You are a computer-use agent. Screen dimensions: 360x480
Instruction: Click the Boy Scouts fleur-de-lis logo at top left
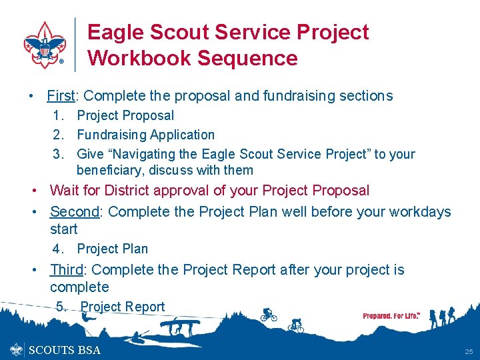tap(45, 45)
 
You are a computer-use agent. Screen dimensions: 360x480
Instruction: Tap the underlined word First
tap(61, 95)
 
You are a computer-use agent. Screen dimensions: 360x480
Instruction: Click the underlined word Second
tap(74, 212)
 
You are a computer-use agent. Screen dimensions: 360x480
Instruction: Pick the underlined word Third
tap(65, 270)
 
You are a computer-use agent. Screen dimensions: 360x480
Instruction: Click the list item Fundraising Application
tap(145, 135)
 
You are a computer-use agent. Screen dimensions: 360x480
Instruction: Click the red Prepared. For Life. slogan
tap(391, 315)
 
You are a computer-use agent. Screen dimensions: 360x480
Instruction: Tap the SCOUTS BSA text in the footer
tap(65, 350)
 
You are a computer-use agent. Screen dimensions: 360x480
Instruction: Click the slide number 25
tap(468, 351)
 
